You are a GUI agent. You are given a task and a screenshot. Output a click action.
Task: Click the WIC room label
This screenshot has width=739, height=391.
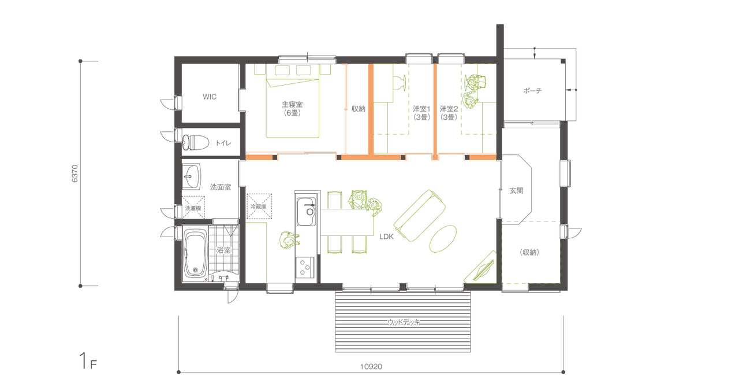210,97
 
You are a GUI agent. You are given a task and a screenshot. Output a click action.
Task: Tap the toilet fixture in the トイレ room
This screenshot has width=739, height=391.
196,142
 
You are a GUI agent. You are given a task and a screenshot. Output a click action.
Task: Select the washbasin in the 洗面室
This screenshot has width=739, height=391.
191,176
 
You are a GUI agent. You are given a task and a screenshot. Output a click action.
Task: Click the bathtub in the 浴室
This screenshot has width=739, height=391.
195,254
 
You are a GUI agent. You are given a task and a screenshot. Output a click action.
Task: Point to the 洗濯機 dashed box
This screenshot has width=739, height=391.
193,208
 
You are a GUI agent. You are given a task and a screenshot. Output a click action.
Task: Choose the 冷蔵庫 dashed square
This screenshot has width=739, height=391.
259,206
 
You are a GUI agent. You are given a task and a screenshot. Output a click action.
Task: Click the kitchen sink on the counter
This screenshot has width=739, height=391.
307,212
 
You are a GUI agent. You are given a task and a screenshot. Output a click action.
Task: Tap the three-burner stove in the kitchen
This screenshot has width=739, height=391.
305,268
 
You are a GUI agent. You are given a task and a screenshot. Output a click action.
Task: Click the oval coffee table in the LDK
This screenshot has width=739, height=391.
443,239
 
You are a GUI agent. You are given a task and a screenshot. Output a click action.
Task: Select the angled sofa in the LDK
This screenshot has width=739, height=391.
420,215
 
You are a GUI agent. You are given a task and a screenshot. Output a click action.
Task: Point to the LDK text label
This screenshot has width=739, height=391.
386,237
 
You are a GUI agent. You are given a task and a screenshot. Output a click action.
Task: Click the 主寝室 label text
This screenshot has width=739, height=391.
292,105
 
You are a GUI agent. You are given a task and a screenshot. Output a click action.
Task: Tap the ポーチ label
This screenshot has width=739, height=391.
532,90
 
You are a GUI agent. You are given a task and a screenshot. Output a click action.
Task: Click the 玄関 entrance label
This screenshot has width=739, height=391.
516,190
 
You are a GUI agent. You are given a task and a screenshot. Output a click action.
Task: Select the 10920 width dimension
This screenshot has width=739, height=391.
371,367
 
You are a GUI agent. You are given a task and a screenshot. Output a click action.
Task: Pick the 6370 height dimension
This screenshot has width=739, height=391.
75,174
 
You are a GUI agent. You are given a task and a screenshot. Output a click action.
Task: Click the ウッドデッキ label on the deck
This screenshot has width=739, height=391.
404,322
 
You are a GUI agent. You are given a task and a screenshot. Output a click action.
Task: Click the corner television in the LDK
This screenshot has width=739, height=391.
481,268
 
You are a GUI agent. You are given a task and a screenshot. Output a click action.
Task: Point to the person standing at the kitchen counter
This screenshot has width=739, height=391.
289,240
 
